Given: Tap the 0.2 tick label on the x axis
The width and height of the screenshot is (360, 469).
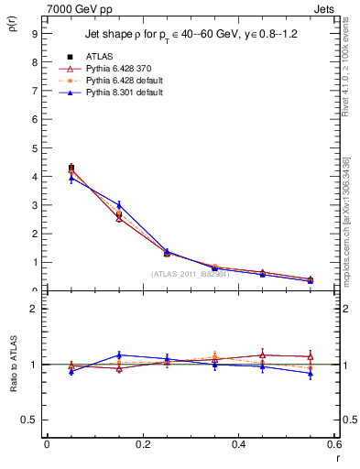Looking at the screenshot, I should pyautogui.click(x=142, y=445).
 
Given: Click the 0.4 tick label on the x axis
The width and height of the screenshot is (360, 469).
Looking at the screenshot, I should pyautogui.click(x=238, y=445).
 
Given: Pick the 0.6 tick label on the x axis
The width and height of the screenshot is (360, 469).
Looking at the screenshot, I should pyautogui.click(x=333, y=445).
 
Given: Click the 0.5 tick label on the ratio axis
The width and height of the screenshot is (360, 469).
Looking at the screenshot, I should pyautogui.click(x=30, y=420).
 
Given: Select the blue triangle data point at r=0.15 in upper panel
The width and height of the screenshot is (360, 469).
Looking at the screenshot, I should pyautogui.click(x=118, y=204).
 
